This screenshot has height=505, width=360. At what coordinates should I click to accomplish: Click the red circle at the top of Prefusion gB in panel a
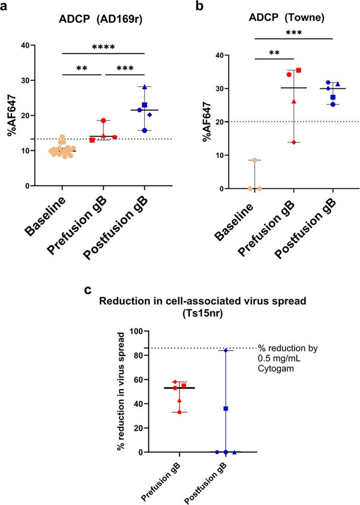coord(103,121)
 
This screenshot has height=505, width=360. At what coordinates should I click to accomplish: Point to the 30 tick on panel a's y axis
coord(31,80)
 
